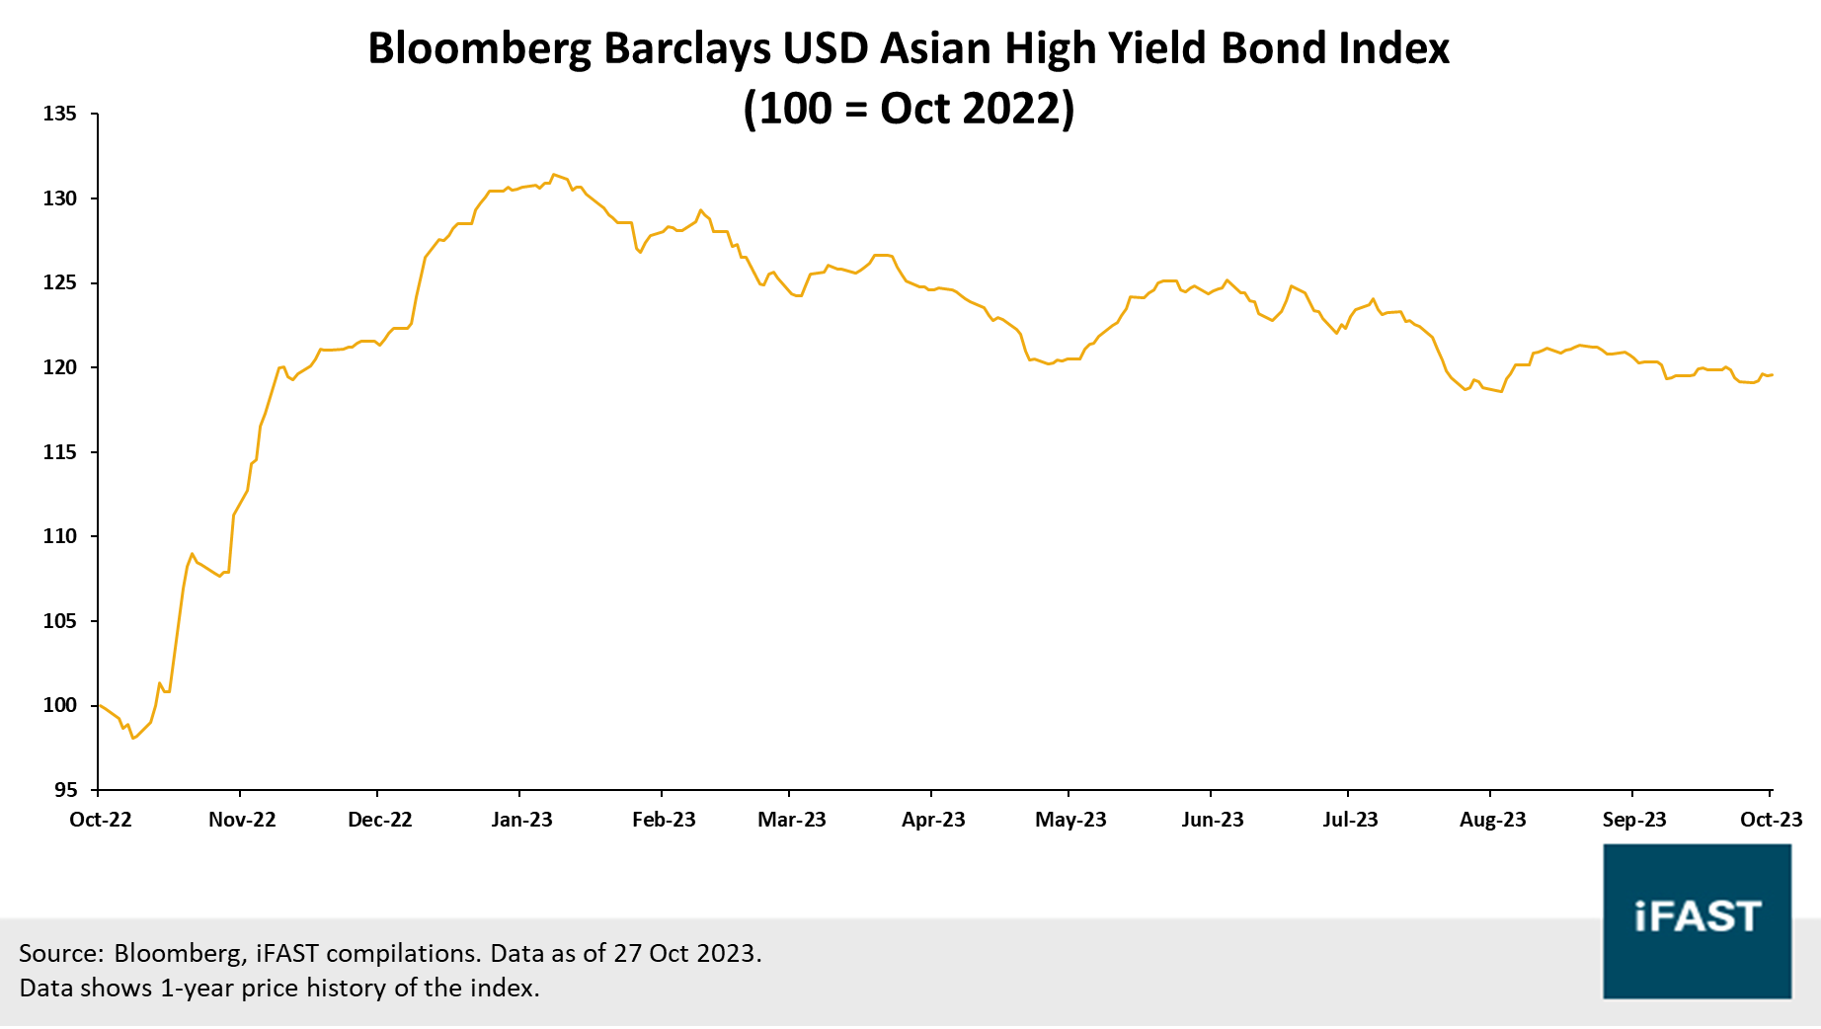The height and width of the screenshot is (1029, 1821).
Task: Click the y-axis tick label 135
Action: pyautogui.click(x=60, y=114)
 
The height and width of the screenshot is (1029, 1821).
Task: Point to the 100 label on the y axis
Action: pyautogui.click(x=60, y=705)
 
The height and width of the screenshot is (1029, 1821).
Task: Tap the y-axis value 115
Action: pyautogui.click(x=60, y=452)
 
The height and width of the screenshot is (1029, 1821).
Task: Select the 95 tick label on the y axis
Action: pyautogui.click(x=66, y=790)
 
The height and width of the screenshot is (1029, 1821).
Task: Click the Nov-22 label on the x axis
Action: pyautogui.click(x=242, y=820)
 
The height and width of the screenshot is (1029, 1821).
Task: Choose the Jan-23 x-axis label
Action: pyautogui.click(x=522, y=820)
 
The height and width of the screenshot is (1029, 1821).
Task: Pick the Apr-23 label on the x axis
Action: pyautogui.click(x=933, y=820)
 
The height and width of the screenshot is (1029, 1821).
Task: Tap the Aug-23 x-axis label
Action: pyautogui.click(x=1492, y=820)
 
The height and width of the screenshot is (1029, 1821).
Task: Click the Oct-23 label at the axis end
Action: pyautogui.click(x=1771, y=820)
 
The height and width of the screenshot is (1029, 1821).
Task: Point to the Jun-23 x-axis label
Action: pyautogui.click(x=1213, y=820)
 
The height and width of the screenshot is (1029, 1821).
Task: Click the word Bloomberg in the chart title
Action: pyautogui.click(x=479, y=49)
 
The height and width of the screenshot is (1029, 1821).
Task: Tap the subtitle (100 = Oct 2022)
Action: pyautogui.click(x=909, y=109)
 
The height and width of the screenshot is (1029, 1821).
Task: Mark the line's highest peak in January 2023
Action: pyautogui.click(x=554, y=175)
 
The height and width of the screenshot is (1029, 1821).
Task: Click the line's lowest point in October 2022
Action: pyautogui.click(x=133, y=738)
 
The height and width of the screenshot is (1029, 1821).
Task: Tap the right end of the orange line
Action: pyautogui.click(x=1772, y=375)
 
